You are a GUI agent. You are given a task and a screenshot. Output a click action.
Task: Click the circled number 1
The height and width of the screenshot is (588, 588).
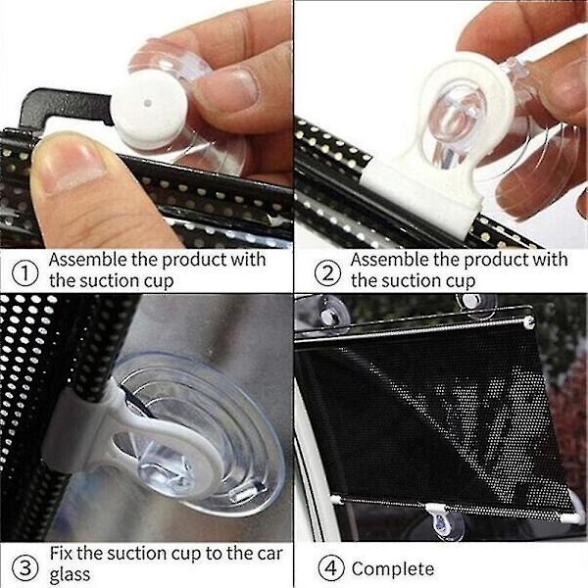click(x=25, y=273)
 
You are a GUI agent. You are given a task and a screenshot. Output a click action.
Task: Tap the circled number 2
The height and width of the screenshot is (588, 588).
click(x=327, y=273)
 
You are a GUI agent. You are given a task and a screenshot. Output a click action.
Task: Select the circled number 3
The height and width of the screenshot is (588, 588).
click(x=25, y=567)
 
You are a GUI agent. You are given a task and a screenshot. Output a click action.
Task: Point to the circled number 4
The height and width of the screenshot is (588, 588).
click(x=331, y=567)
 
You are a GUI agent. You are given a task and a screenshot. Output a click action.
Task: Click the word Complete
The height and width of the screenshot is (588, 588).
click(x=393, y=569)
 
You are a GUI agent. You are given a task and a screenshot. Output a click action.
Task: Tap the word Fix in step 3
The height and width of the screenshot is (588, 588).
click(x=62, y=553)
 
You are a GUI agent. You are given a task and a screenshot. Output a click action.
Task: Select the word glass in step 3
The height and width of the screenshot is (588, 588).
click(x=70, y=575)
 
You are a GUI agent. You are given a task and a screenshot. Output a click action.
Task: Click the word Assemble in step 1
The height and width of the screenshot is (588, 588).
click(x=88, y=260)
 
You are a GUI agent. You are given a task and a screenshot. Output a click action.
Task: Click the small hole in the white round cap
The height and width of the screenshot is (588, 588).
click(x=148, y=103)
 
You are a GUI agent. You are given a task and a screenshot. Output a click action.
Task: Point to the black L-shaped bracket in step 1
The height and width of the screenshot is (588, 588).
click(x=64, y=106)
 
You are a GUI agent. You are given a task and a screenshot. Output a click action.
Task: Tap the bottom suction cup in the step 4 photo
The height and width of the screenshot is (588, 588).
click(x=448, y=522)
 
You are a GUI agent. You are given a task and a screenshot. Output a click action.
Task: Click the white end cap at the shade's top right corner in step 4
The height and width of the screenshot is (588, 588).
click(x=529, y=321)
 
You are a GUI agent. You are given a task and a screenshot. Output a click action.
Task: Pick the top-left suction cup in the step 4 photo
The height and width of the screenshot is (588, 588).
click(x=330, y=314)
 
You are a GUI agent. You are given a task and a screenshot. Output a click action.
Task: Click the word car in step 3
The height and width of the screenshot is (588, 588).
click(x=269, y=555)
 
